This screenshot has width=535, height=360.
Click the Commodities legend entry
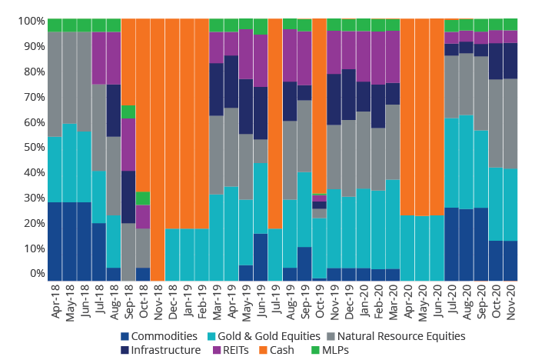(x=163, y=335)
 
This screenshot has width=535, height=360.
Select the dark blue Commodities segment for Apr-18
(x=55, y=242)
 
